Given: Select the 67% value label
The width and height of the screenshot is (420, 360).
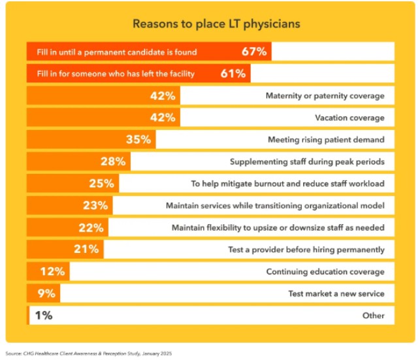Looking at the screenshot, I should (253, 52).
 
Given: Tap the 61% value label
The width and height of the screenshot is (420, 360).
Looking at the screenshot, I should (233, 73).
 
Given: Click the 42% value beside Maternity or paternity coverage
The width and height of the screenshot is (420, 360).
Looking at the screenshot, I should (163, 96).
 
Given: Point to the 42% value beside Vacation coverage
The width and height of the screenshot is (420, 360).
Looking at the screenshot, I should (163, 118).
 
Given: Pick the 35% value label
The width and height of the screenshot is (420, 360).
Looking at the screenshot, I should (138, 140).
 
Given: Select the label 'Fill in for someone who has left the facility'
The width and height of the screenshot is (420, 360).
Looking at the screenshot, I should (111, 74).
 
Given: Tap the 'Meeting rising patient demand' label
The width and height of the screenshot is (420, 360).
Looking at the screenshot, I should (326, 140).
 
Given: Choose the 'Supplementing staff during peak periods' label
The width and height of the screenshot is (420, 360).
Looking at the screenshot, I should (307, 162).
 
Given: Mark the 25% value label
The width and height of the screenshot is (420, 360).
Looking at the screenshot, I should (101, 184).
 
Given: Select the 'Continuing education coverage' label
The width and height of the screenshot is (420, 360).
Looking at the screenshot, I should (325, 272).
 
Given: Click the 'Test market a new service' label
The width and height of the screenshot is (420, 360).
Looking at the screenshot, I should (336, 293).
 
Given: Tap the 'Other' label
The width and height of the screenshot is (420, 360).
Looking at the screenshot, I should (373, 316).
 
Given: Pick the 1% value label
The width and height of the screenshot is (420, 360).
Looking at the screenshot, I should (44, 316).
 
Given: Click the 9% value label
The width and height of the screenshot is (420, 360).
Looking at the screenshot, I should (48, 293).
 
